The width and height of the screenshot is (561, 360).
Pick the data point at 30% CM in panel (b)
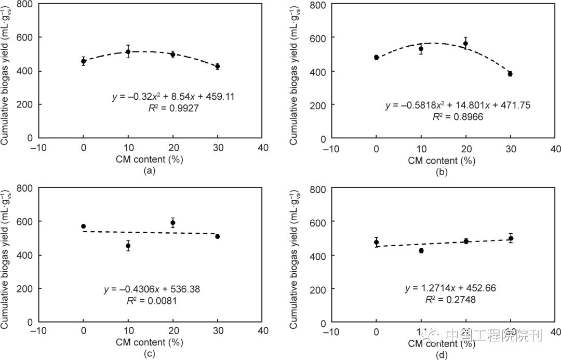coord(510,74)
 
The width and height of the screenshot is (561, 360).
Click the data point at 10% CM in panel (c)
coord(128,246)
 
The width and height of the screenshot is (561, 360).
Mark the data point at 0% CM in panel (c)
coord(83,226)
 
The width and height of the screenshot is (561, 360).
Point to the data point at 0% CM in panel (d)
coord(376,242)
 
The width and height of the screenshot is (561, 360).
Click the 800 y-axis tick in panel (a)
coord(19,4)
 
